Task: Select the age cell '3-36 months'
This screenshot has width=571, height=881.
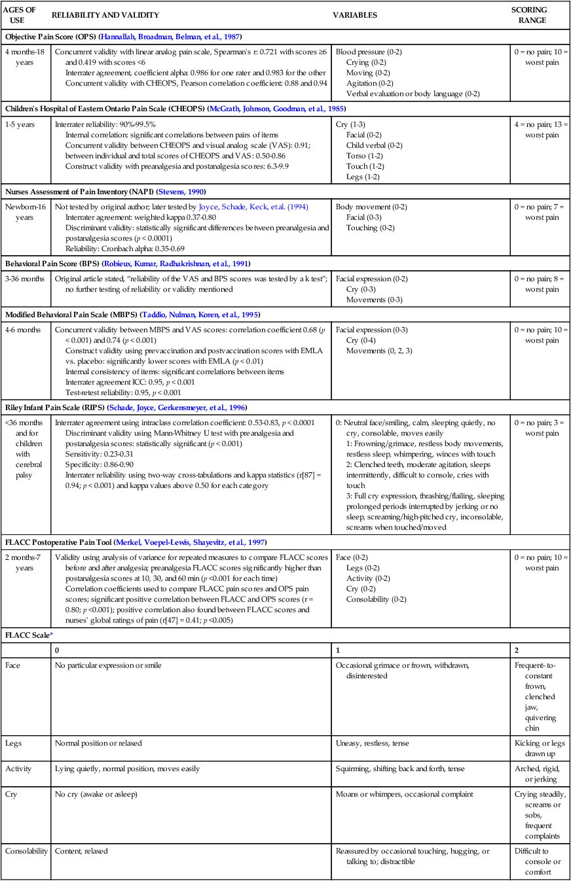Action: pos(24,279)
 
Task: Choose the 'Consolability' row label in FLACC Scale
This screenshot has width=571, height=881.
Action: pos(26,851)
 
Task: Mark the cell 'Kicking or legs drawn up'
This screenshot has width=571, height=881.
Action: pos(541,748)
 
